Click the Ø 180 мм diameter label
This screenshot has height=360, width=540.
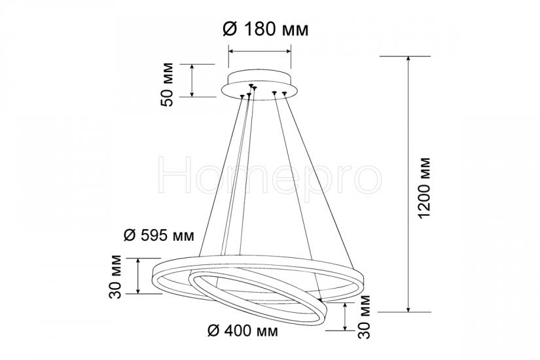pos(266,29)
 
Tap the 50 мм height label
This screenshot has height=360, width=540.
pos(168,84)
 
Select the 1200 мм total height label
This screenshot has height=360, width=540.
pos(423,188)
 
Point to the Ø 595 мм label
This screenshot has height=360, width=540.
pos(159,236)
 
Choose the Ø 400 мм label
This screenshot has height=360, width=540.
pos(243,331)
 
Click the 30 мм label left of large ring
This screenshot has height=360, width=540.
pos(115,277)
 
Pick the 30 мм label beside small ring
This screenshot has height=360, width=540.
pos(364,317)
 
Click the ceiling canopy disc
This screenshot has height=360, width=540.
pos(259,86)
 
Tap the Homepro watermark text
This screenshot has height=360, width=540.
pos(270,175)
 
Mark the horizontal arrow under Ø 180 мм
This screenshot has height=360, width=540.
pos(260,51)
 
